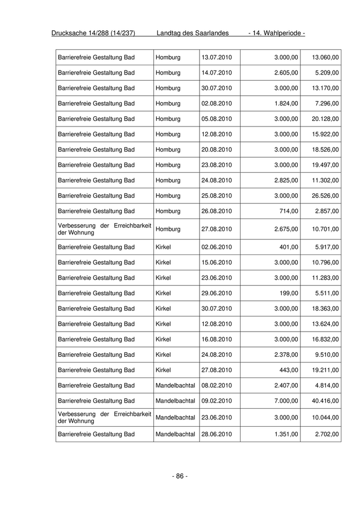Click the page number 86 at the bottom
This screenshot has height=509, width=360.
(x=179, y=476)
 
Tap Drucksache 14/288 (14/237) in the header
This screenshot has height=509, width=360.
(x=93, y=33)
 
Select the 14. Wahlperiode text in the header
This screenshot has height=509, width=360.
(x=277, y=33)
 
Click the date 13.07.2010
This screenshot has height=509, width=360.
(x=217, y=57)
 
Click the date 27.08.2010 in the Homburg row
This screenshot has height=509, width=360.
(x=217, y=229)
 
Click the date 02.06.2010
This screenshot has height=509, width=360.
(x=217, y=247)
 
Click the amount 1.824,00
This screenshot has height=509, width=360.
(x=284, y=103)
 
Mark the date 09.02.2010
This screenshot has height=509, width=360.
(x=217, y=401)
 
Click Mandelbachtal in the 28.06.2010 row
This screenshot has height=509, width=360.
(x=175, y=434)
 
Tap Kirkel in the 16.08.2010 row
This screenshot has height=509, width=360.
(x=163, y=339)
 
